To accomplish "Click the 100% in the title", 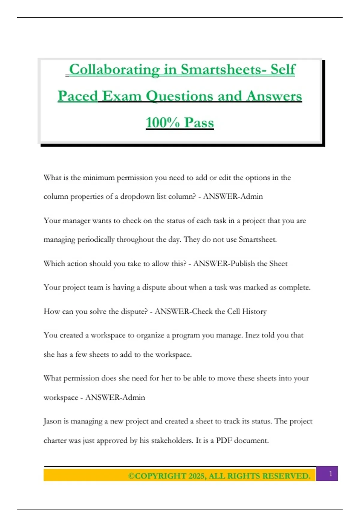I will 163,123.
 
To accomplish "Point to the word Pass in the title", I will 199,123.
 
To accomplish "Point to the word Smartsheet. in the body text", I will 258,240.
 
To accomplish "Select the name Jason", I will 52,421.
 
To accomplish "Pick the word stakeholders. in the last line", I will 172,440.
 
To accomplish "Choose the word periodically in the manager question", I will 96,240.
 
